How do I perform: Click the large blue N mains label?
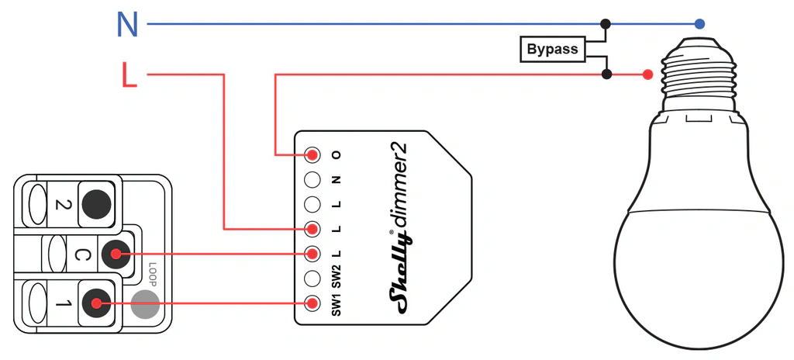click(127, 24)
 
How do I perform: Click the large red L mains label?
click(129, 74)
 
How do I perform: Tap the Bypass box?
click(552, 50)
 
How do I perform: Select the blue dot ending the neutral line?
click(699, 23)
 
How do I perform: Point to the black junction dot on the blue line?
click(605, 23)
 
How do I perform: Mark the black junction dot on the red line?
click(606, 74)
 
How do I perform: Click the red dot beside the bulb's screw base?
click(647, 74)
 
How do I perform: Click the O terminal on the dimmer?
click(313, 154)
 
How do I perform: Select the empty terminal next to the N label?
click(313, 179)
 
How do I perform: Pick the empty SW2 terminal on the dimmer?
click(313, 278)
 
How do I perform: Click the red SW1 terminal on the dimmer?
click(313, 303)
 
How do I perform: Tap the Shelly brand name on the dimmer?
click(399, 275)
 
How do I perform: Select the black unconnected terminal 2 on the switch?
click(95, 204)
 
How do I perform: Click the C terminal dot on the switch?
click(116, 254)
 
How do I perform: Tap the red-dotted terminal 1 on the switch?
click(95, 303)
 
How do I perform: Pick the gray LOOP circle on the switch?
click(145, 303)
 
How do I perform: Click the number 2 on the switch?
click(61, 204)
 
